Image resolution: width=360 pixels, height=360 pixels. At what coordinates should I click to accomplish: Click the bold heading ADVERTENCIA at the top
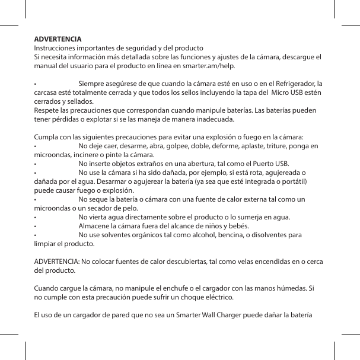tap(58, 39)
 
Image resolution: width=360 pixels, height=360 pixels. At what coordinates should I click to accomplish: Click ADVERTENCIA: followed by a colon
tap(57, 262)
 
